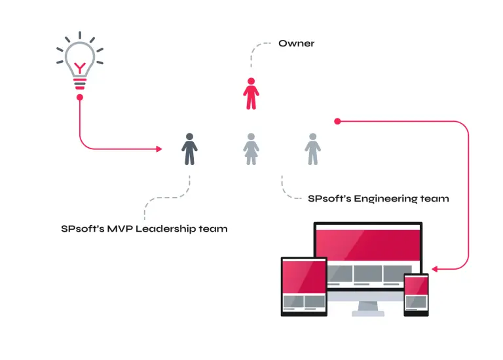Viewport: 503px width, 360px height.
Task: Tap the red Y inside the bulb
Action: (80, 66)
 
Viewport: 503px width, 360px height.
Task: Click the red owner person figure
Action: (251, 94)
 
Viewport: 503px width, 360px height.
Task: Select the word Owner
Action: (296, 43)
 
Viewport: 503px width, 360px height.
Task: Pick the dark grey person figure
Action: (189, 149)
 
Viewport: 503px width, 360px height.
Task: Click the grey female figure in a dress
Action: (251, 149)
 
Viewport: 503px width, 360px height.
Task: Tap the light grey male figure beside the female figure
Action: (312, 149)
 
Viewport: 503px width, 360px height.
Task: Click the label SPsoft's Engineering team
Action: (378, 198)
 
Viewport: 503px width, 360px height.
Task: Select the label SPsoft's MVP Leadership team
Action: (144, 228)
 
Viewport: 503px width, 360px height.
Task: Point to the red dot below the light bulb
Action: (80, 98)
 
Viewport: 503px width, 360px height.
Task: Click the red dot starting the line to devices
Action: (337, 121)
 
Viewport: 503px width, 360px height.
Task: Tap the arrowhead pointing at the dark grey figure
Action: (159, 149)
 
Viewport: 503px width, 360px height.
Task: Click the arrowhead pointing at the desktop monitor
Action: (435, 268)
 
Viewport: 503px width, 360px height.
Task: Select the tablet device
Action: (304, 286)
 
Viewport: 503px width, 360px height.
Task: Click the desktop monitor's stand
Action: (368, 308)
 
